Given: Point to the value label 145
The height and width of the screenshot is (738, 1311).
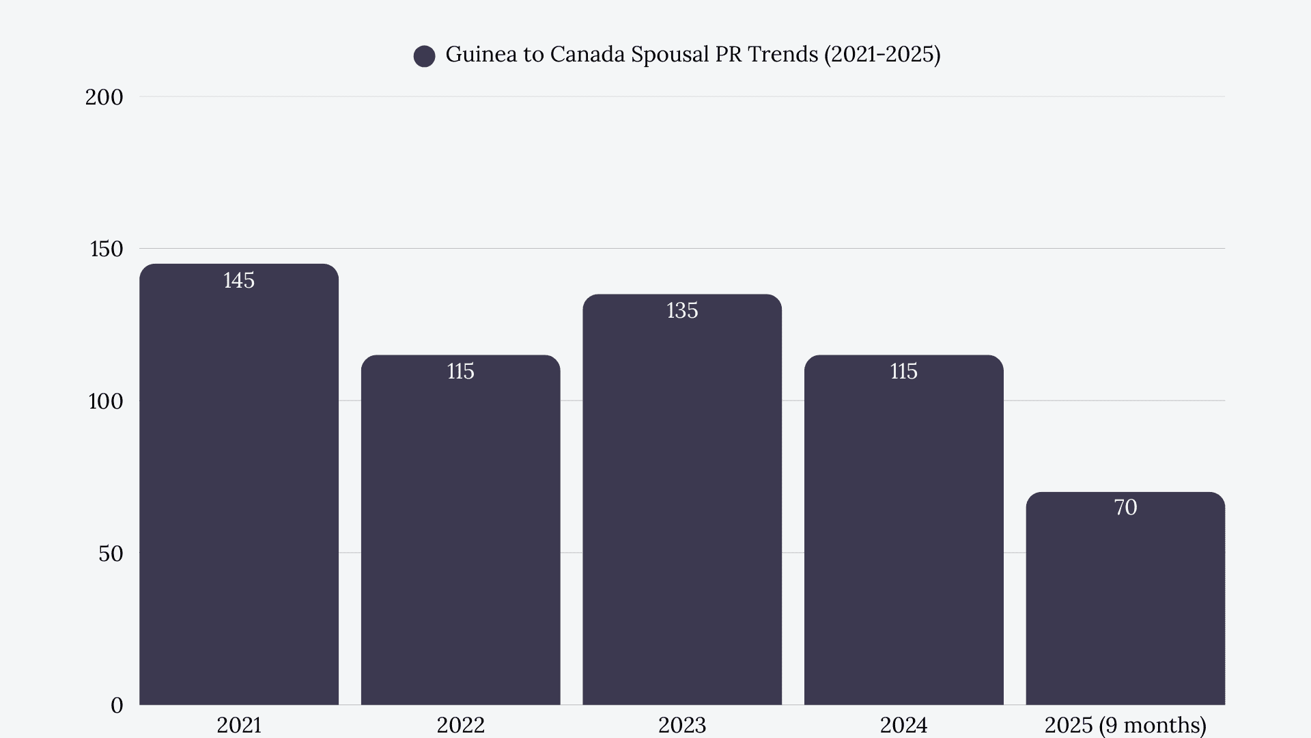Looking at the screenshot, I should point(239,280).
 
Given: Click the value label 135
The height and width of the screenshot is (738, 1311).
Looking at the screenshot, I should point(682,311).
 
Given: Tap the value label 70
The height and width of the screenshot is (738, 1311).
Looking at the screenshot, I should point(1125,508).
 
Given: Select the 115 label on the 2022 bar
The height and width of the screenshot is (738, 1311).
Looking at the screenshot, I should point(460,372).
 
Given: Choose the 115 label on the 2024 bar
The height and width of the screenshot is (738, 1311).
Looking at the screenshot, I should point(903,372).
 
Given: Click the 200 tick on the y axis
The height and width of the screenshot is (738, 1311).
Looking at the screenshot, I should point(104,97).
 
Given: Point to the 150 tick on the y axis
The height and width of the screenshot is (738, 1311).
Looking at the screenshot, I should point(107,249).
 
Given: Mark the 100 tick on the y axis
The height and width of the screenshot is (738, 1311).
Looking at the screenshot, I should point(105,401).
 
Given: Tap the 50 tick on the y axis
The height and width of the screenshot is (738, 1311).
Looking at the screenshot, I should point(111,553).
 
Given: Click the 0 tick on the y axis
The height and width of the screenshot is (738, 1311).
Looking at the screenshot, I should point(117,705).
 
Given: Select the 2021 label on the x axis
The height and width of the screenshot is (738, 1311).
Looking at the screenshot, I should point(239,725).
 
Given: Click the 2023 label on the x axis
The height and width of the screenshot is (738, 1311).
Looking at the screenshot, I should point(681,725).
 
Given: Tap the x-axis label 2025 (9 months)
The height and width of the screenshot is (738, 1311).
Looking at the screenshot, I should point(1125,725).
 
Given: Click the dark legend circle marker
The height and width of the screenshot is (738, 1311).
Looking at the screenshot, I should point(425,56).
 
